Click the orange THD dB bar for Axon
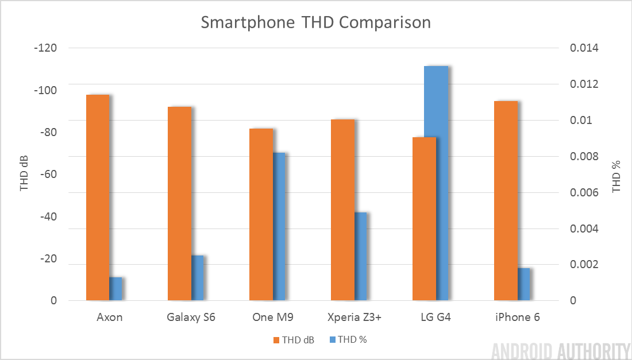(x=97, y=198)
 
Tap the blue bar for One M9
(x=279, y=226)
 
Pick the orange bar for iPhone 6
(x=506, y=200)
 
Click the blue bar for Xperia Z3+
(x=360, y=256)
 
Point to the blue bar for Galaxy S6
(x=197, y=278)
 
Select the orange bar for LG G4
(x=424, y=219)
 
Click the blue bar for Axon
(x=115, y=289)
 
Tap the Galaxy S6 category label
(x=191, y=317)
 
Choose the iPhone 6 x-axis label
(x=517, y=317)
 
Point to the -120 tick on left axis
(x=45, y=48)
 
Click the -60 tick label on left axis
(x=48, y=175)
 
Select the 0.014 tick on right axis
(x=584, y=48)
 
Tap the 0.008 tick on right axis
(x=584, y=157)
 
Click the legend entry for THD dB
(x=294, y=339)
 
